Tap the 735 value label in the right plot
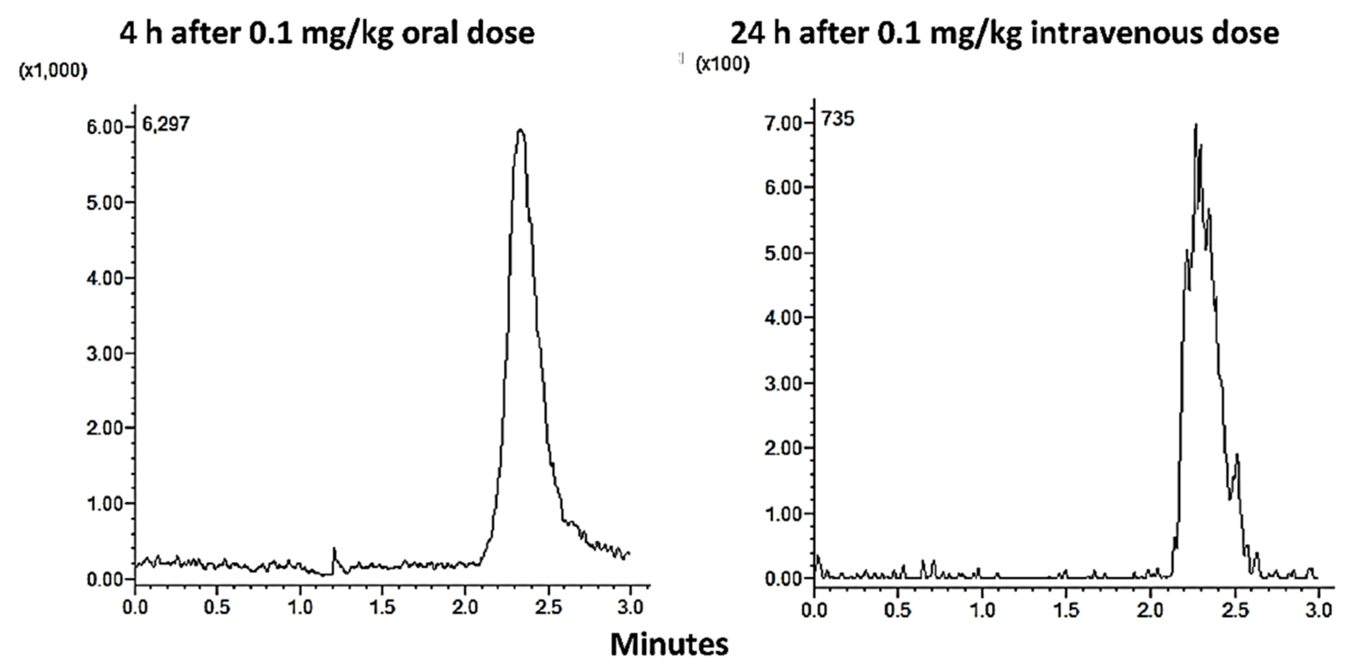tap(838, 119)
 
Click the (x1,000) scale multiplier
tap(53, 70)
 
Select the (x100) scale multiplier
tap(723, 64)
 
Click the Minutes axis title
tap(669, 644)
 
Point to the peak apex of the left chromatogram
tap(521, 130)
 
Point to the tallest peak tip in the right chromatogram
tap(1196, 126)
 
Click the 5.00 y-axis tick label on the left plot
tap(104, 203)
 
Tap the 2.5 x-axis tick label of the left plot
tap(548, 607)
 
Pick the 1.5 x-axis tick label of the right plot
tap(1066, 610)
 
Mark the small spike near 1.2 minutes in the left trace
tap(334, 551)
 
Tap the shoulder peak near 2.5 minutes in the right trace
tap(1237, 455)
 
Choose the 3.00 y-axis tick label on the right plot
tap(783, 383)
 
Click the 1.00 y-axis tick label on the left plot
tap(104, 504)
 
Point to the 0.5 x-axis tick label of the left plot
tap(217, 607)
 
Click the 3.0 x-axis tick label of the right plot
tap(1318, 610)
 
